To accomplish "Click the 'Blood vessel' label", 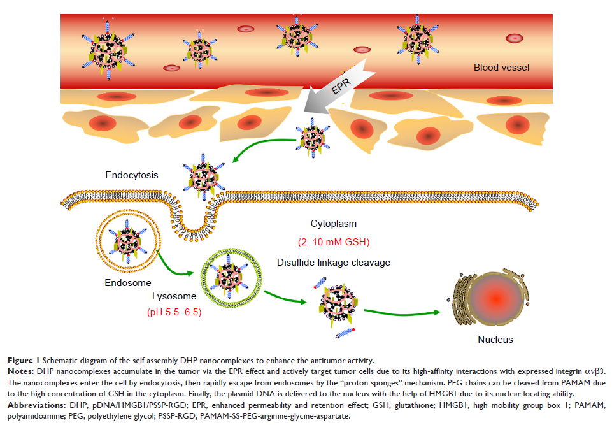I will tap(502, 68).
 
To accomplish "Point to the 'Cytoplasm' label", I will tap(332, 224).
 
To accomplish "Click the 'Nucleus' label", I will tap(495, 340).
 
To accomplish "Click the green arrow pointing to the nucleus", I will tap(408, 312).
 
